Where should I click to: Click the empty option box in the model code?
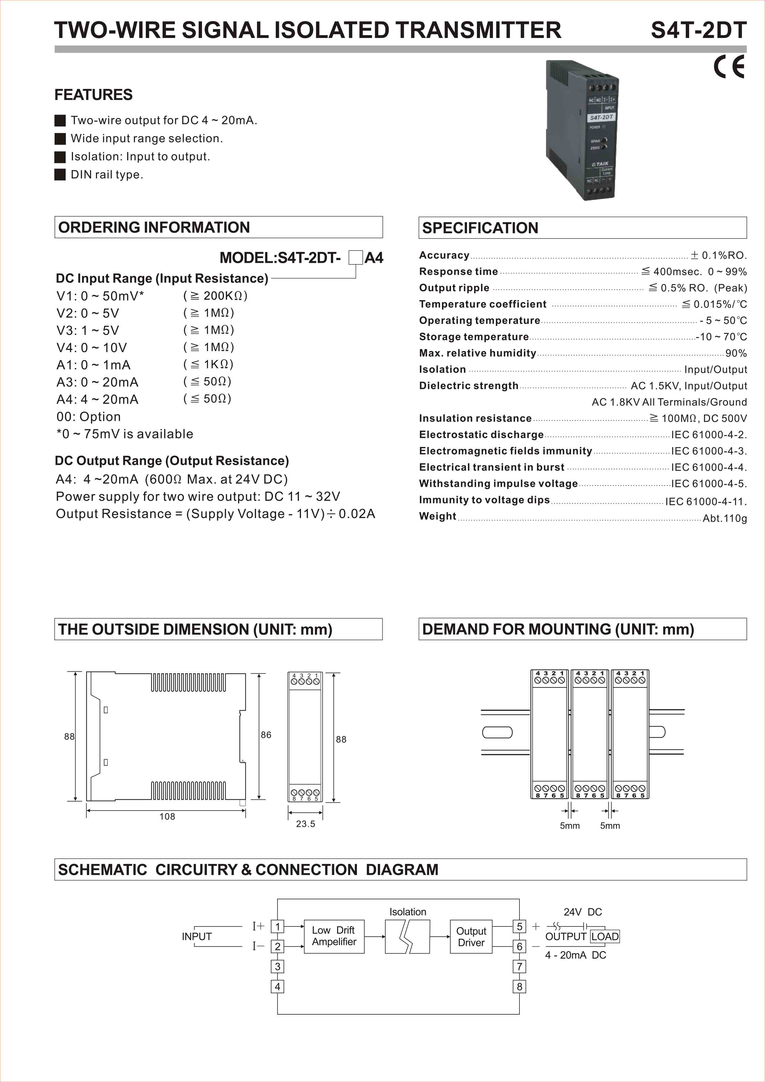tap(355, 258)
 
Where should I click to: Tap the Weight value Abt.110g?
tap(725, 518)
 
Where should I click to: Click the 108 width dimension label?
tap(167, 817)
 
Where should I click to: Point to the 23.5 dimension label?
tap(305, 824)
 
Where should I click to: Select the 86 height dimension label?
tap(266, 735)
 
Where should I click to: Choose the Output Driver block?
tap(471, 937)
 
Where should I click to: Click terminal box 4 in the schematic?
tap(277, 987)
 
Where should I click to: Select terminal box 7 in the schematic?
tap(519, 967)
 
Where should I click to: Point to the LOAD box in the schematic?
tap(605, 936)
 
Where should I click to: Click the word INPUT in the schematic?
tap(197, 936)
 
